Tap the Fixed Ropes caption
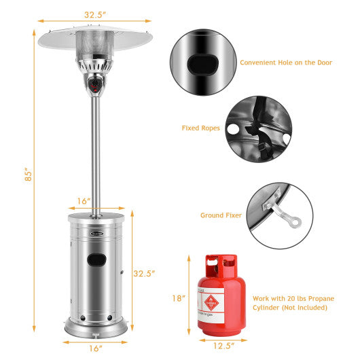pos(200,127)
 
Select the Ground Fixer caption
pos(221,215)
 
